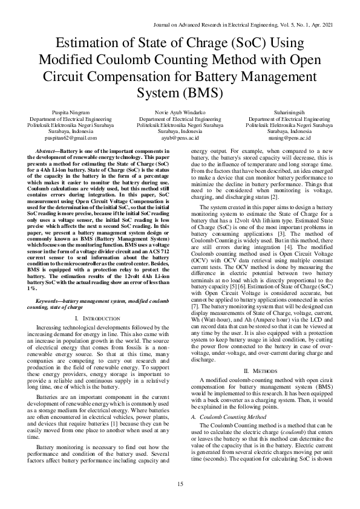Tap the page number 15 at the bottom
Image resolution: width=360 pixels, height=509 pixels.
(x=180, y=484)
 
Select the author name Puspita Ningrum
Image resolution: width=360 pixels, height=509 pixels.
(x=71, y=112)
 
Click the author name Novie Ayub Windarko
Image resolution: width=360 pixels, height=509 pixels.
(x=180, y=112)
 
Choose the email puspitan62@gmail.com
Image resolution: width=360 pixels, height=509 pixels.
(x=71, y=138)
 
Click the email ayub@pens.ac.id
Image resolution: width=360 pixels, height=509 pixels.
(x=180, y=138)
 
